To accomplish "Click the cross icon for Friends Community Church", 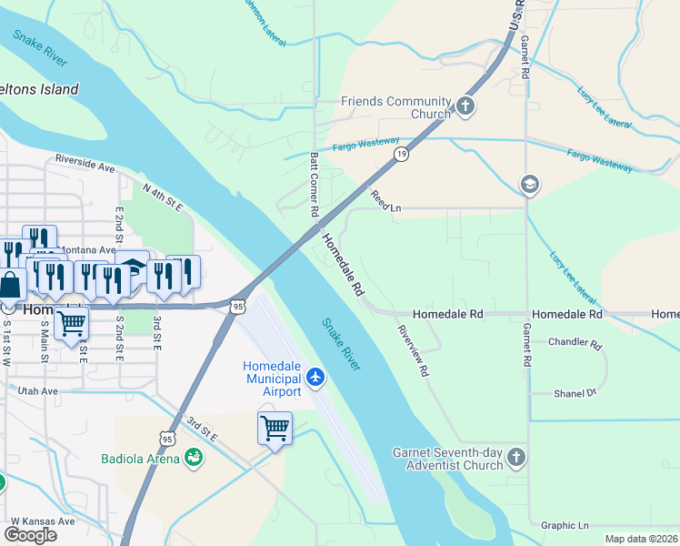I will [465, 106].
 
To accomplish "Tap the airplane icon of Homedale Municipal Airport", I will [315, 377].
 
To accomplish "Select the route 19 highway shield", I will [401, 155].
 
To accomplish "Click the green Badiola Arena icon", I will [193, 458].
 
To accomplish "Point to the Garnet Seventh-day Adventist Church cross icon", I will [516, 458].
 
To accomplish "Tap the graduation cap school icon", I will [529, 186].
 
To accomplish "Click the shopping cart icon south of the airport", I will [275, 427].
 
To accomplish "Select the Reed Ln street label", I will [385, 201].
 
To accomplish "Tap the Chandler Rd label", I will [575, 345].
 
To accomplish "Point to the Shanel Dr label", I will [575, 393].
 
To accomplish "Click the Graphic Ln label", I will [565, 525].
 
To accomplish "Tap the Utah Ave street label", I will [37, 390].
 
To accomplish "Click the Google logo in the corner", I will [31, 535].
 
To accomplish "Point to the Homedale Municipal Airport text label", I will [272, 379].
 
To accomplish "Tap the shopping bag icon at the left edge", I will [10, 285].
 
